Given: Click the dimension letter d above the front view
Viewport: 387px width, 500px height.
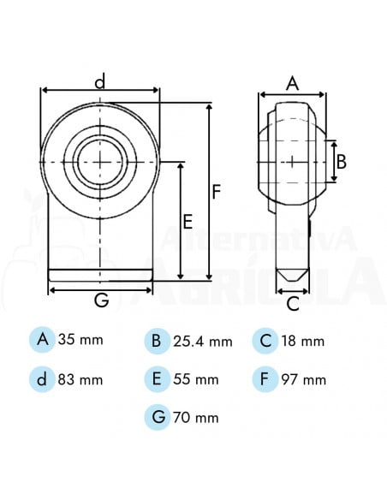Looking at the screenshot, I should point(100,81).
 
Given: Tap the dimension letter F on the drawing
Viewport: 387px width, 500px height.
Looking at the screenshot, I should point(218,192).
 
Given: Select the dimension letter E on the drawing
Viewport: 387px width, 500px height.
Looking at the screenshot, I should point(188,221).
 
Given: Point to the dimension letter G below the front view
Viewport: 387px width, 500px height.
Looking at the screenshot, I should point(100,301).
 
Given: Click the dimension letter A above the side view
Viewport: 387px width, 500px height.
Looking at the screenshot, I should point(292,83).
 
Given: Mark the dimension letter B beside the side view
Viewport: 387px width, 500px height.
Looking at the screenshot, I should point(341,160).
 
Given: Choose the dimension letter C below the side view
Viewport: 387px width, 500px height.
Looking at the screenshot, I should point(292,302).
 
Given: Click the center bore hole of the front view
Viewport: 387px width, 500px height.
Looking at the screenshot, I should point(100,161).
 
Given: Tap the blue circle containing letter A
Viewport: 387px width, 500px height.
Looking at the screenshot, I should point(42,340).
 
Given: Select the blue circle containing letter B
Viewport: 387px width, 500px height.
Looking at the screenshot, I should point(157,341).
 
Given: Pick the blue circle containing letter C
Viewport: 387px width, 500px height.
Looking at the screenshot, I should point(266,340).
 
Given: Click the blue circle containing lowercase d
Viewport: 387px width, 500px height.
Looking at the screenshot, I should point(42,378).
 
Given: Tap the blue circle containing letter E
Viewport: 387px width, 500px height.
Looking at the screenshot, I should point(157,378).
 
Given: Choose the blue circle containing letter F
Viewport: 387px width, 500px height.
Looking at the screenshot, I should point(266,378).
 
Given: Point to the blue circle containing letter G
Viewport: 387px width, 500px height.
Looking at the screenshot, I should point(157,417).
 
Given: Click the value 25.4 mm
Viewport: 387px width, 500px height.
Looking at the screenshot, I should point(203,342).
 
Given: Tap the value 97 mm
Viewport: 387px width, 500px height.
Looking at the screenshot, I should point(303,379).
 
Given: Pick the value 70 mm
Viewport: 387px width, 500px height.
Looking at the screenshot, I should point(196,418).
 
